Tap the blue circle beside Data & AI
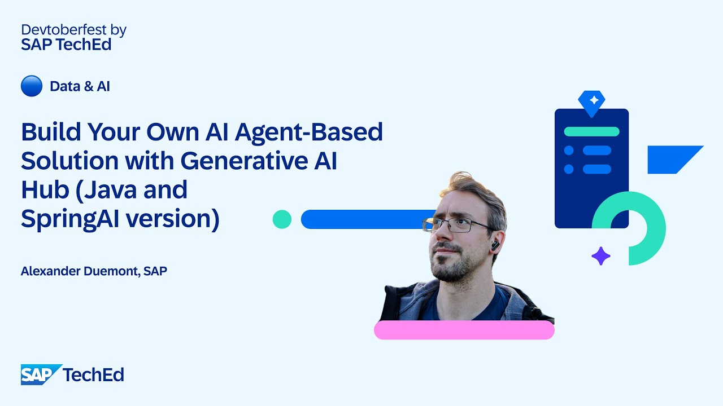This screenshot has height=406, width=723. pos(32,86)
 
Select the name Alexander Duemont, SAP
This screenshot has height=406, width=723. pos(94,271)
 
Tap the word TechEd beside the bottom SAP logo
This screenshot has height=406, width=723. pos(93,374)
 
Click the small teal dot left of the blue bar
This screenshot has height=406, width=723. pos(282,219)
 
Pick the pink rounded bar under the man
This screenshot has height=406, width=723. pos(464,330)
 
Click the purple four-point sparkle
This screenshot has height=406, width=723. pos(600,256)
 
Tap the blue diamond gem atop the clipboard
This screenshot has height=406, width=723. pos(591,102)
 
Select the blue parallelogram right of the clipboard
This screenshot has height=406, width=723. pos(673,159)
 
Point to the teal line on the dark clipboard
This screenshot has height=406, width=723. pos(591,131)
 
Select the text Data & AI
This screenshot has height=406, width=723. pos(80,86)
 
